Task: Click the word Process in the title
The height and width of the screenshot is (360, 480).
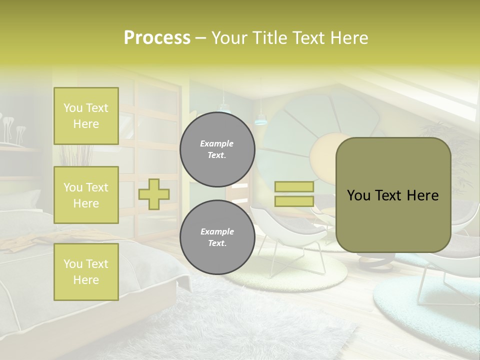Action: pyautogui.click(x=157, y=38)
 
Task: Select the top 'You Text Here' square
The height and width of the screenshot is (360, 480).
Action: pyautogui.click(x=86, y=116)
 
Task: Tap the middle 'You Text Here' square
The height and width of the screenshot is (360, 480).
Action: pyautogui.click(x=86, y=195)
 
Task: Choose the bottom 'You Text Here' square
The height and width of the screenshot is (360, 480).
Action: pyautogui.click(x=86, y=271)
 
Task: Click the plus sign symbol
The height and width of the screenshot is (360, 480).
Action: pyautogui.click(x=154, y=194)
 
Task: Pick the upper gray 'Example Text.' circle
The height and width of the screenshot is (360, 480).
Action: pyautogui.click(x=217, y=149)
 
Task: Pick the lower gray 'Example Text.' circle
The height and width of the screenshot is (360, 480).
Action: pyautogui.click(x=217, y=237)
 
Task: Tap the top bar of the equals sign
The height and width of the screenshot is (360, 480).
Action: pyautogui.click(x=294, y=186)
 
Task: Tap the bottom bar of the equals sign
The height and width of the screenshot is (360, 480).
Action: pyautogui.click(x=294, y=201)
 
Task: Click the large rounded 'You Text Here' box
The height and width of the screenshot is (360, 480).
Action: pyautogui.click(x=393, y=195)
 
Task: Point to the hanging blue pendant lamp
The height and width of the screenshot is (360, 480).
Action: pyautogui.click(x=259, y=119)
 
